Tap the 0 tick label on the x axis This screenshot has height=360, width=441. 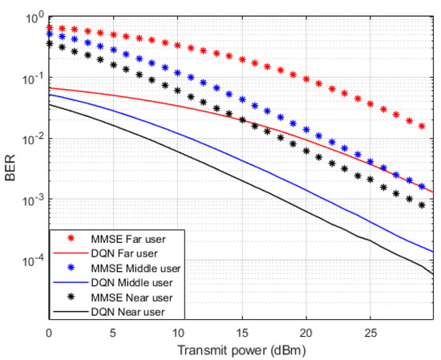(x=50, y=330)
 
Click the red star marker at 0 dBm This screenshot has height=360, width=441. (x=50, y=27)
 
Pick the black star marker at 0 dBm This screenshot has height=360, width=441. (x=50, y=44)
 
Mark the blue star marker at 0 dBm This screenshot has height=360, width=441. (x=50, y=34)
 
